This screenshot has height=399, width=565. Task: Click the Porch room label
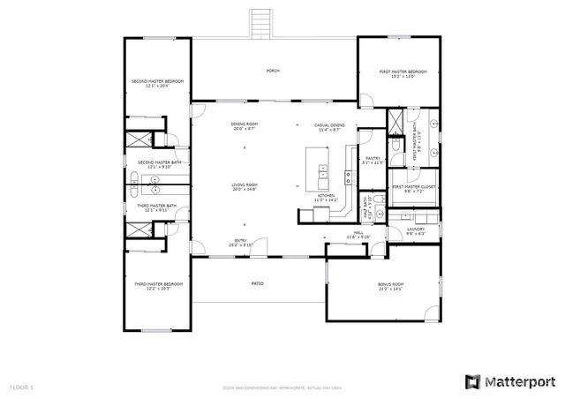[273, 71]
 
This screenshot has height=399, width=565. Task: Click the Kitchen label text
[327, 198]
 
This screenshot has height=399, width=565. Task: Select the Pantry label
[373, 160]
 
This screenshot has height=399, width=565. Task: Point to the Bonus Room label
[383, 286]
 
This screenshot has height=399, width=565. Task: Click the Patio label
[258, 283]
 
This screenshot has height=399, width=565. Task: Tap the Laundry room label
[416, 231]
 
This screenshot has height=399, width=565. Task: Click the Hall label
[358, 235]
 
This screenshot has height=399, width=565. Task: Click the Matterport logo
[509, 381]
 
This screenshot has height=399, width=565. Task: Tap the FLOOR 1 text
[21, 387]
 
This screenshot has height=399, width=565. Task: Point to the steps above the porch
[261, 23]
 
